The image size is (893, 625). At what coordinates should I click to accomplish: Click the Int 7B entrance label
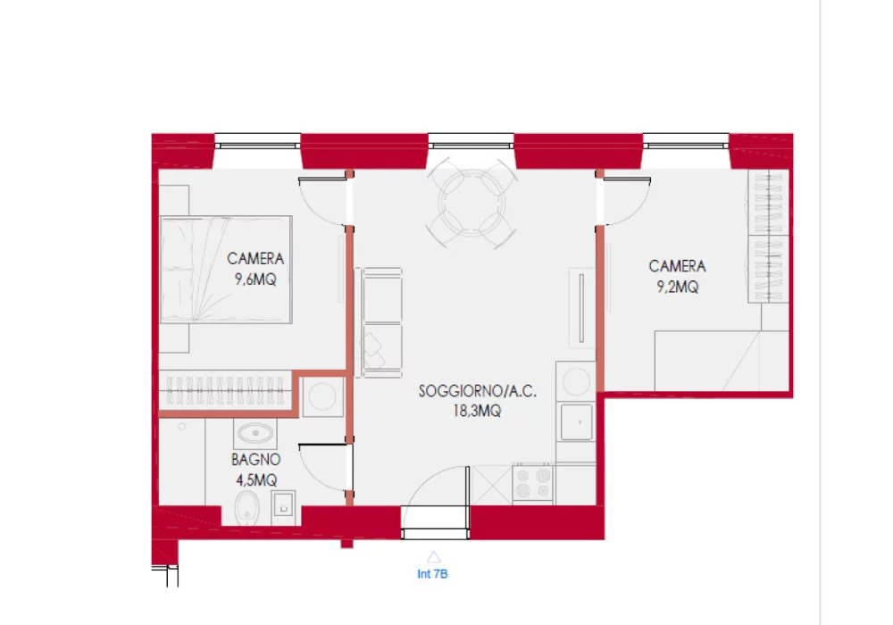point(432,574)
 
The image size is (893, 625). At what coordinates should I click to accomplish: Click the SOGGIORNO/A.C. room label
point(477,391)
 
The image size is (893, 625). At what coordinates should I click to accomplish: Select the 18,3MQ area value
point(477,411)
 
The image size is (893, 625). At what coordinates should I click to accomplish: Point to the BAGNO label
point(255,459)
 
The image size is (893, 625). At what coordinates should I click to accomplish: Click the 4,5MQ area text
point(256,479)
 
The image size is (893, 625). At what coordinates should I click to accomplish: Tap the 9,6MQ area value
point(255,279)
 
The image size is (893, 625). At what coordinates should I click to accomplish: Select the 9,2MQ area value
point(677,287)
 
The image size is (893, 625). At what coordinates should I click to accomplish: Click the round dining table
point(472,203)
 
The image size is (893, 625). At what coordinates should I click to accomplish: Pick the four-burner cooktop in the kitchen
point(532,483)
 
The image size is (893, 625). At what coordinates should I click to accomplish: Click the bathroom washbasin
point(255,434)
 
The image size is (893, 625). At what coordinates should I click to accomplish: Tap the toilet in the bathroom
point(246,508)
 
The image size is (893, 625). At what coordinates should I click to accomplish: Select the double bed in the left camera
point(226,270)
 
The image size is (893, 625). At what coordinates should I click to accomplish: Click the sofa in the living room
point(380,322)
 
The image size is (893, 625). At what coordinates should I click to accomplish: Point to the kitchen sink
point(576,421)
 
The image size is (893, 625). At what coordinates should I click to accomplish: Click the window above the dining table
point(471,142)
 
